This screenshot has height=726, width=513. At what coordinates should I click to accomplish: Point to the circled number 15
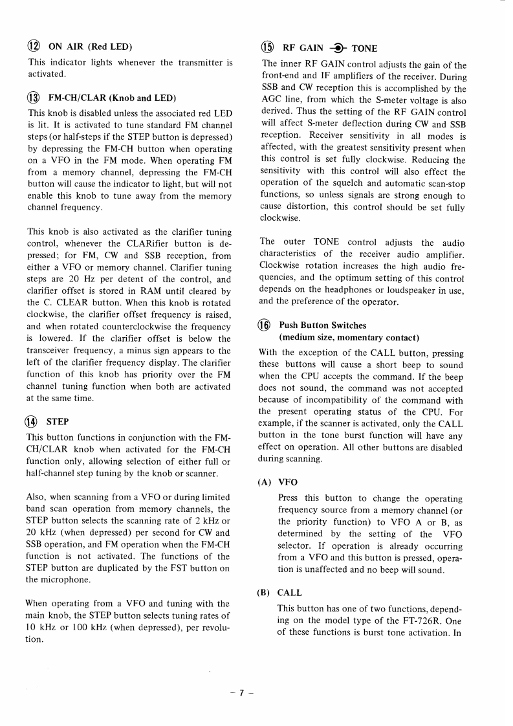pyautogui.click(x=267, y=48)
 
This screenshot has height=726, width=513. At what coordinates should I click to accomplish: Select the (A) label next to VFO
pyautogui.click(x=265, y=482)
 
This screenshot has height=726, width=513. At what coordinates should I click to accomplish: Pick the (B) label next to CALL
pyautogui.click(x=265, y=592)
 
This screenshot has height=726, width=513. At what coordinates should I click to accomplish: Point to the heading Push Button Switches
pyautogui.click(x=322, y=325)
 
